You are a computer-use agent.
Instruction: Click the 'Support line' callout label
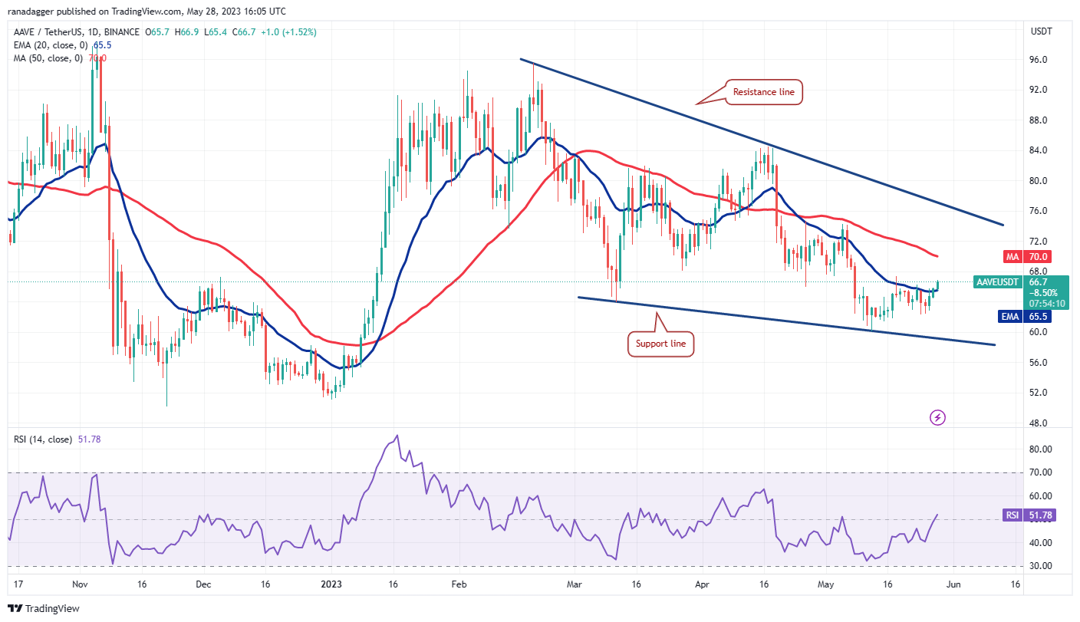(660, 344)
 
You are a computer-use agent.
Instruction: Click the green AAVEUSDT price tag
(997, 282)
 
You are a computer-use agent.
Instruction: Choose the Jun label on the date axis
(967, 583)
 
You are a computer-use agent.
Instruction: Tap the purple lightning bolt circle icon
(937, 418)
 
